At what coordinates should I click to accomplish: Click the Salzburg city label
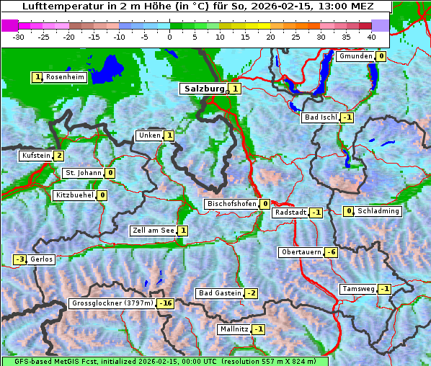(205, 89)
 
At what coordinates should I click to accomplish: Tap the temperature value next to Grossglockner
(166, 303)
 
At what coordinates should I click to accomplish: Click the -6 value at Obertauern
(331, 252)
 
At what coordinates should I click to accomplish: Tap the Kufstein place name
(35, 156)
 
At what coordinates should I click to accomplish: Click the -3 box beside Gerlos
(20, 259)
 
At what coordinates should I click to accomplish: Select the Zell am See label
(153, 231)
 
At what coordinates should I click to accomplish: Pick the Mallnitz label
(234, 329)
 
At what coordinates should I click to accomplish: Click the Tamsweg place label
(358, 289)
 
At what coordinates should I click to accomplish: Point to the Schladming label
(378, 211)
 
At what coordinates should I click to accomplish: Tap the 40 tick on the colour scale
(371, 36)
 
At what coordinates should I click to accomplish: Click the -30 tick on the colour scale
(19, 36)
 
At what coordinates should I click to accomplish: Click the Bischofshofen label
(231, 204)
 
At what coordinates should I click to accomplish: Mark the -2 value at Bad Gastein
(251, 293)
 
